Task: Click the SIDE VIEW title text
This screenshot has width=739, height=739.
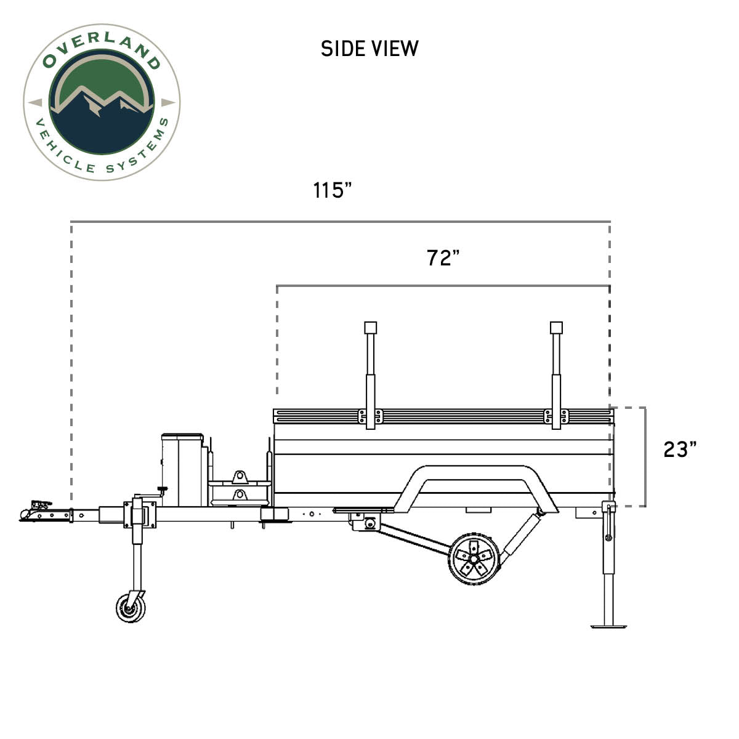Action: click(369, 49)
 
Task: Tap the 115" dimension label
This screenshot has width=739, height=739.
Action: click(332, 190)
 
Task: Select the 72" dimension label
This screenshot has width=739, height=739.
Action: click(443, 258)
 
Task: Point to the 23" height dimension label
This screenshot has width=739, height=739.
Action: click(680, 450)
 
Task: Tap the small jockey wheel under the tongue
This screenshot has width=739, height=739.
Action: click(131, 607)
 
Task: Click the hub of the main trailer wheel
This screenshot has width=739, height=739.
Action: click(473, 559)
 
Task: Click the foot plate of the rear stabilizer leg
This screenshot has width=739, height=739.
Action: click(609, 626)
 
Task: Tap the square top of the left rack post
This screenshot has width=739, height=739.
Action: click(370, 328)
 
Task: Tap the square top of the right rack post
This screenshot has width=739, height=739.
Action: click(556, 328)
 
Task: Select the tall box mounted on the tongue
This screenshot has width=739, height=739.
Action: click(182, 468)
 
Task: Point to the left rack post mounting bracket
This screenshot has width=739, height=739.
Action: click(370, 417)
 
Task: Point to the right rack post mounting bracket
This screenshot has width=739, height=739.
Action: click(556, 417)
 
